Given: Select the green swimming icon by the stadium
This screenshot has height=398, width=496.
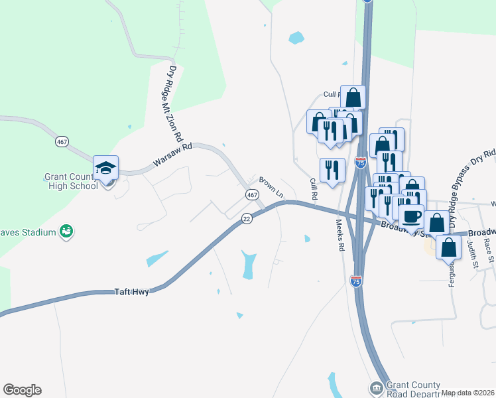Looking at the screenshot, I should tap(66, 231).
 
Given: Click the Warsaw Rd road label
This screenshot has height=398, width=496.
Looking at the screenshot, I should tap(172, 154).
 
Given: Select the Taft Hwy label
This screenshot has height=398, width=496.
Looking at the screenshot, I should tap(130, 291).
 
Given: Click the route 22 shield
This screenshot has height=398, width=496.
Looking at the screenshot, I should tap(246, 218).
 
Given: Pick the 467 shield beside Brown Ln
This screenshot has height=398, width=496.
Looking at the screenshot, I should tap(252, 195).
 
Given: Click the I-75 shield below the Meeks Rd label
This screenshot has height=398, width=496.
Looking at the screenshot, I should tap(355, 281).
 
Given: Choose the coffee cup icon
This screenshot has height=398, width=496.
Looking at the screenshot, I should tap(410, 216).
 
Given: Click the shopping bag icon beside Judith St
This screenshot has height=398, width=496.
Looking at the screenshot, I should tap(449, 247).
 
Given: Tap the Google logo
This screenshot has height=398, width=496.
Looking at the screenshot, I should tap(22, 390).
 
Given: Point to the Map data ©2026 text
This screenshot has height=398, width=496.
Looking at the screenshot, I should tap(467, 393).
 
